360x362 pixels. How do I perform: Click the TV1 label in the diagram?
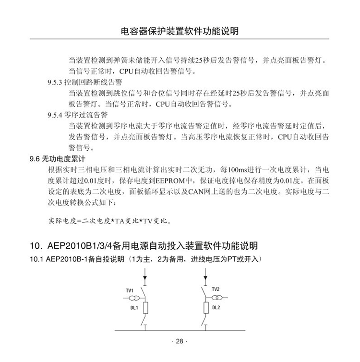130,291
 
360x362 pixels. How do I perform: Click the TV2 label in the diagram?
216,289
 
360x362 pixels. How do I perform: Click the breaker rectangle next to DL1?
146,307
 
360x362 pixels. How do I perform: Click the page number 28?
180,341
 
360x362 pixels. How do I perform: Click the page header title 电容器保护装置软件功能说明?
180,32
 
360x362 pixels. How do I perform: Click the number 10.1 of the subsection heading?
36,260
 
